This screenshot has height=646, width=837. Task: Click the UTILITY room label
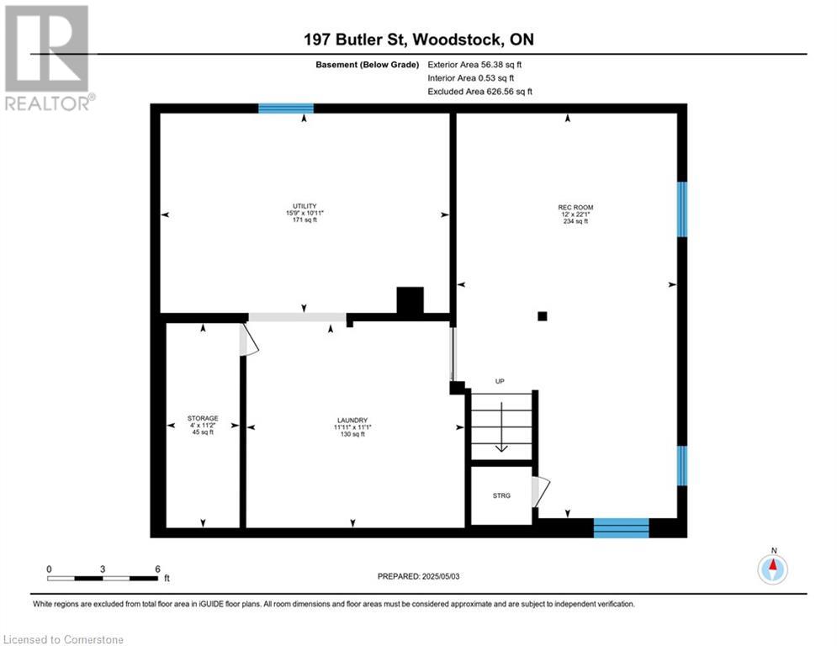(305, 205)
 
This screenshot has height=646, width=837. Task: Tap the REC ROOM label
(575, 207)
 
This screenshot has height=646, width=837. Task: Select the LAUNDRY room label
(352, 421)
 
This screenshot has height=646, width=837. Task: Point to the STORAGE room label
(203, 418)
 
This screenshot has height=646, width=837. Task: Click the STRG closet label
(501, 495)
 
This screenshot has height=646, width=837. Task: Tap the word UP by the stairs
(500, 381)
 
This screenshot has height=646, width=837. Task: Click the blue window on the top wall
(286, 109)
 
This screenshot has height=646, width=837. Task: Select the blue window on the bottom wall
(622, 527)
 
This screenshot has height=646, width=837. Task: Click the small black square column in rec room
(543, 316)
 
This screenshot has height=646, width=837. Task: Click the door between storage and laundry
(248, 340)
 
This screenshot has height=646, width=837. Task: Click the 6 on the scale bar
(157, 569)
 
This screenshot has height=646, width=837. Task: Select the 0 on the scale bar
(49, 569)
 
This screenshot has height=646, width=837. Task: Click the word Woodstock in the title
(458, 40)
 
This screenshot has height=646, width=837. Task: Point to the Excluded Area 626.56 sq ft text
(479, 92)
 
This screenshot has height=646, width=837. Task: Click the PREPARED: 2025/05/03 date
(419, 576)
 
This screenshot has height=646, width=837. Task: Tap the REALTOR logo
(49, 58)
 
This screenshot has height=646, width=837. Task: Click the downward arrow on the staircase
(501, 427)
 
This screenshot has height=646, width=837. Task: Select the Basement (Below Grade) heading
(368, 65)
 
